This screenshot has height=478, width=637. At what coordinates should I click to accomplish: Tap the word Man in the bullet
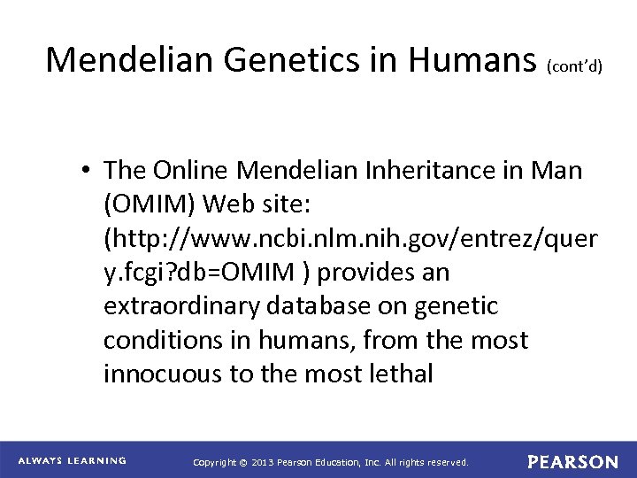[x=557, y=172]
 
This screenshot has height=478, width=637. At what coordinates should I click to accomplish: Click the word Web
[x=224, y=205]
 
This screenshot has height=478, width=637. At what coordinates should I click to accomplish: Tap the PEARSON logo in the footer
[x=573, y=461]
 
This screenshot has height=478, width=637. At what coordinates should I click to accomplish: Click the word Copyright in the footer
[x=219, y=462]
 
